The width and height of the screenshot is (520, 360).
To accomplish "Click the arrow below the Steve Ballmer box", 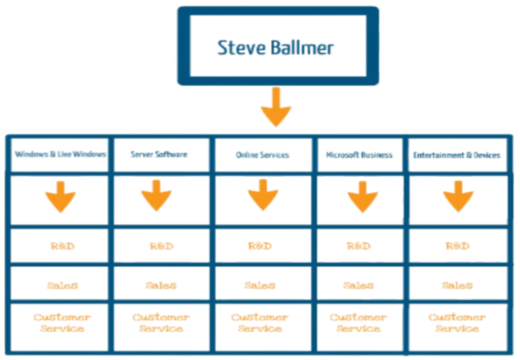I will click(x=276, y=109).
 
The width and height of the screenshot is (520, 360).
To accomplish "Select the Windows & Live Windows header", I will click(x=60, y=155).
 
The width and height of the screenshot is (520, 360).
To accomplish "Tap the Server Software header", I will click(x=159, y=155).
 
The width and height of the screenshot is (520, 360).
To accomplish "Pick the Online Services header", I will click(x=263, y=155).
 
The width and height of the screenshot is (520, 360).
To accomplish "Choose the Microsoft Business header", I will click(x=360, y=155).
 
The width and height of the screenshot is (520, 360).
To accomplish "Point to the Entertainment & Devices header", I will click(x=457, y=155).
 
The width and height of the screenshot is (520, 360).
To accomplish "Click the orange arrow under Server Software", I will click(x=156, y=195).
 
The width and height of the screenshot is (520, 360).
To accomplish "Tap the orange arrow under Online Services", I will click(x=263, y=195).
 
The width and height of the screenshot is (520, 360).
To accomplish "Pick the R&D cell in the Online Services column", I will click(x=260, y=246).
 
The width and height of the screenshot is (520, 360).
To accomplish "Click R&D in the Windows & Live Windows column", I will click(x=62, y=246).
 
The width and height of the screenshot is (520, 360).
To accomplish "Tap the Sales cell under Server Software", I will click(x=161, y=285).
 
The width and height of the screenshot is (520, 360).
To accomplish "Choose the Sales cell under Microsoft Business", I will click(x=358, y=285).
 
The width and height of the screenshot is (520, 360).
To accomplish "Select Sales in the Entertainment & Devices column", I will click(x=457, y=285).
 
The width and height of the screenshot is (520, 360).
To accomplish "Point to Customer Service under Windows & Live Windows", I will click(x=62, y=322).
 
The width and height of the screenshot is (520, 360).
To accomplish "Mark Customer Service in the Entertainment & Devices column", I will click(x=457, y=322).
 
